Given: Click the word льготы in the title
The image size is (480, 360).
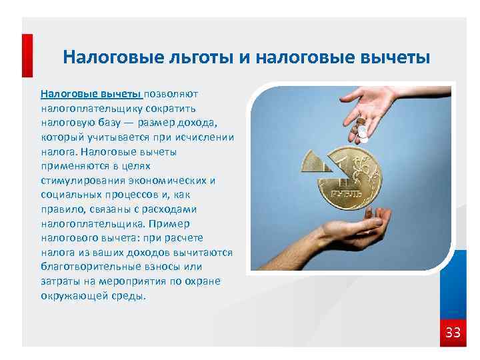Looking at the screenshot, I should (197, 57).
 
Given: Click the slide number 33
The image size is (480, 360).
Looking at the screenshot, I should (453, 332).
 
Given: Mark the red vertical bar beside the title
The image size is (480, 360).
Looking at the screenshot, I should (27, 56).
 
